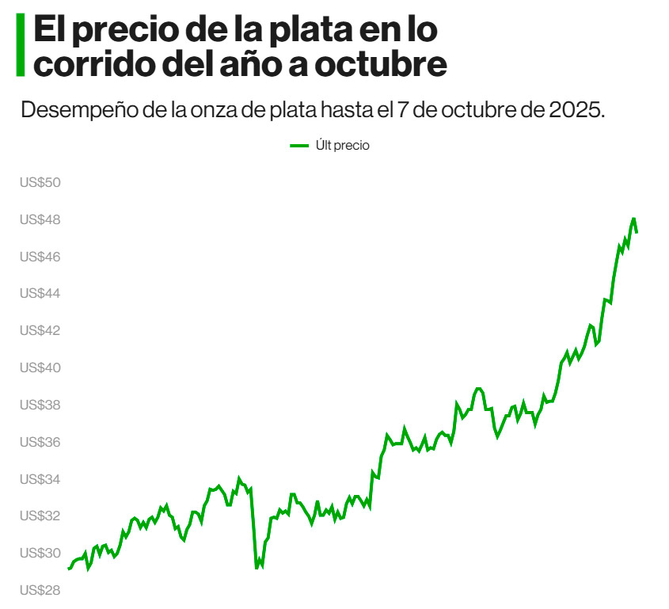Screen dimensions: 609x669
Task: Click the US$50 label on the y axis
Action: point(40,182)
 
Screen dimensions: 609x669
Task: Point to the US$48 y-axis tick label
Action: point(40,219)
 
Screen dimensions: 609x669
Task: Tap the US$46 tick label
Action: point(40,257)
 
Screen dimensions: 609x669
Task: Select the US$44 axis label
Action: point(40,294)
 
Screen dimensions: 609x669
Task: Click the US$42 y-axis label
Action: point(40,330)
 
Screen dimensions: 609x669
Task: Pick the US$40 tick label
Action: point(40,367)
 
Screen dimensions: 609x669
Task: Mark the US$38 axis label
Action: point(40,405)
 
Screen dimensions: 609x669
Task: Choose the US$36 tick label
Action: point(40,442)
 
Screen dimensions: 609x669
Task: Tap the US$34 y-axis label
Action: point(40,479)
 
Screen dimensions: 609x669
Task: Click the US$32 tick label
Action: point(40,516)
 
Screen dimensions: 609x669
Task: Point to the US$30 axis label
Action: point(40,553)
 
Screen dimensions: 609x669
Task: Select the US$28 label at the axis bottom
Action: point(40,590)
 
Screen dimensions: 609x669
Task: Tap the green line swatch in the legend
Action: point(299,146)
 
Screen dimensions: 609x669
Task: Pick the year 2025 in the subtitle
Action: point(575,109)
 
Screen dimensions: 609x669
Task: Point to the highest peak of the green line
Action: point(633,218)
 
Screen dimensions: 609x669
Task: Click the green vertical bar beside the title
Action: point(21,45)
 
